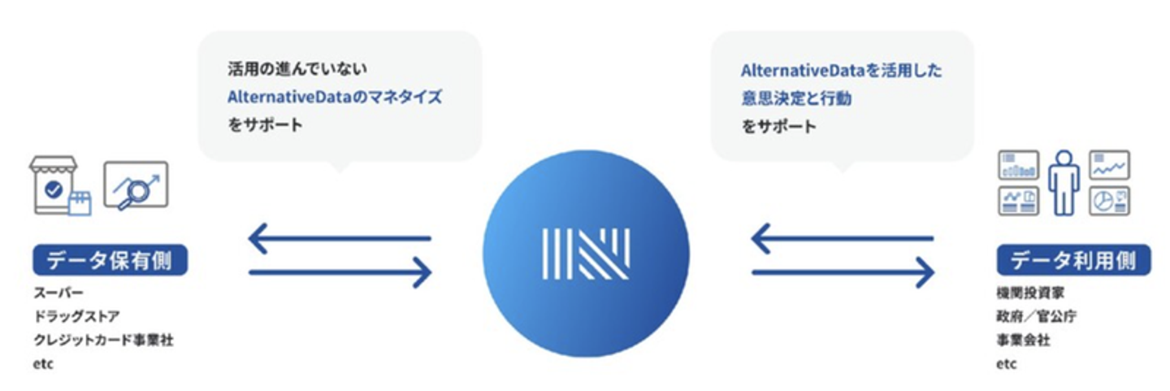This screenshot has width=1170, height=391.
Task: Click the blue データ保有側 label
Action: pyautogui.click(x=110, y=260)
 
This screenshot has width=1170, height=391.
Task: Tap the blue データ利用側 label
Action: pyautogui.click(x=1073, y=260)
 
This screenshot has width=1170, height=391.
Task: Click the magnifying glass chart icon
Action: pyautogui.click(x=135, y=185)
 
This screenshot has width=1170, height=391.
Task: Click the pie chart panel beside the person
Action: pyautogui.click(x=1109, y=200)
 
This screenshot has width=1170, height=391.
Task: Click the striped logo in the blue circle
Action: pyautogui.click(x=585, y=253)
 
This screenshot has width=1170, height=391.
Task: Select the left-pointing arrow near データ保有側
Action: pyautogui.click(x=339, y=238)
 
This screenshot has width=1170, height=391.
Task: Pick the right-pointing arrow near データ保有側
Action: pyautogui.click(x=339, y=272)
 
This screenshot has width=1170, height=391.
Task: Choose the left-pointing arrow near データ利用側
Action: pyautogui.click(x=842, y=238)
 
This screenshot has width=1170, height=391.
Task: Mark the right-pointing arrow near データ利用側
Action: pyautogui.click(x=842, y=272)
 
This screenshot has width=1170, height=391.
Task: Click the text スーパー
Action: pyautogui.click(x=58, y=292)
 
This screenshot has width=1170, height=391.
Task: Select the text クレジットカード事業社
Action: pyautogui.click(x=103, y=340)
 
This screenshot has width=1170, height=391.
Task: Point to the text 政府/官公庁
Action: pyautogui.click(x=1037, y=316)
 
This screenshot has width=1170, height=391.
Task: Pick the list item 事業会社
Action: pyautogui.click(x=1023, y=340)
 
